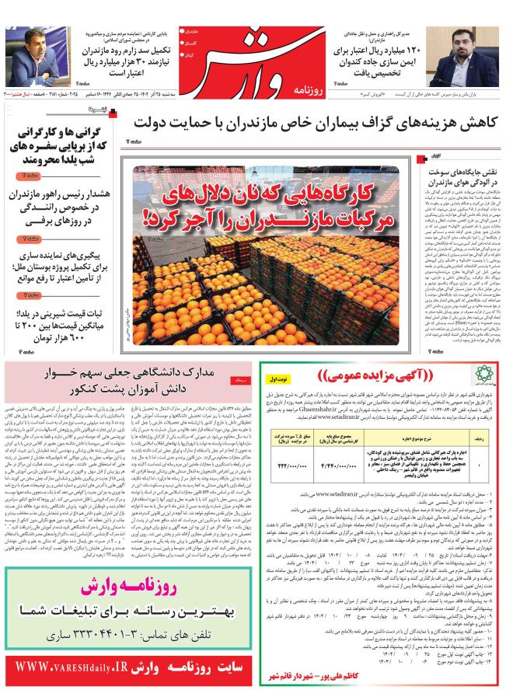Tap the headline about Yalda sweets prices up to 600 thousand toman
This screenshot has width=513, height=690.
pos(64,325)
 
